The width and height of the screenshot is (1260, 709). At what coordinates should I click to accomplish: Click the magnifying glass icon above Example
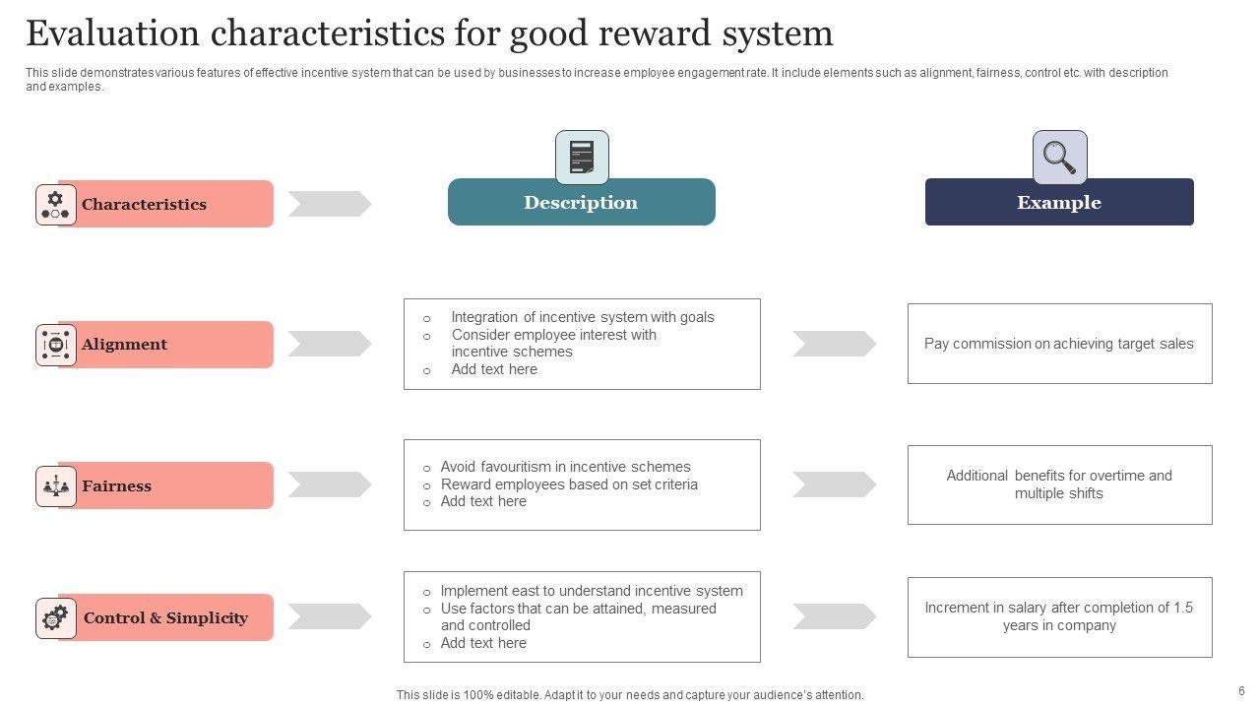point(1059,158)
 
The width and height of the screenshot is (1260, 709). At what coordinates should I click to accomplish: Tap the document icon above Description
point(582,158)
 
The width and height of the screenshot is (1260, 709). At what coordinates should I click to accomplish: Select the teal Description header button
point(581,203)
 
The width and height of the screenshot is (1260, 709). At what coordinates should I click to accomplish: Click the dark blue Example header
point(1059,203)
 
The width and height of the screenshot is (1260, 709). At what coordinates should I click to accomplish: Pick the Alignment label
point(124,345)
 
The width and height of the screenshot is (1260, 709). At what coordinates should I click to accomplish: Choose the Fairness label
point(116,486)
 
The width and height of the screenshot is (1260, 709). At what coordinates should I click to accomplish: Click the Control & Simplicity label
point(165,618)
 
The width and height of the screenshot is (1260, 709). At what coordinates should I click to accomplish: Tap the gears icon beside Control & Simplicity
point(56,618)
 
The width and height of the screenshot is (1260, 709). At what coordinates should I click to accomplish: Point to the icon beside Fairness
point(56,486)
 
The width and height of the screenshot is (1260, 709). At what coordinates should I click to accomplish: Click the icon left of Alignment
point(56,345)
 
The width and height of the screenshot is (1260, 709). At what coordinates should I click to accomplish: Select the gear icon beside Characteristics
point(56,205)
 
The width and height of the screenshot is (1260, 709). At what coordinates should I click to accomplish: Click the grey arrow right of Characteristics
point(330,204)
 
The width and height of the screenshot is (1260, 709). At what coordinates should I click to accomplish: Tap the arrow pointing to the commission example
point(834,344)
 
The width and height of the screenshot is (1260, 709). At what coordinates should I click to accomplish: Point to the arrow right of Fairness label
point(330,484)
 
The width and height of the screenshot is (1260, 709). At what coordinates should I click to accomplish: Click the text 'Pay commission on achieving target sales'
point(1058,345)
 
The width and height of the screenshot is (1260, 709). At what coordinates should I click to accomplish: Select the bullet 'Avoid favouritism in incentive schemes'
point(565,467)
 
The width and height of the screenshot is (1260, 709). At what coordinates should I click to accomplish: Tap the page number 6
point(1241,691)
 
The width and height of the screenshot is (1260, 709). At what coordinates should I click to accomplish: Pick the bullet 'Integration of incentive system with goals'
point(583,317)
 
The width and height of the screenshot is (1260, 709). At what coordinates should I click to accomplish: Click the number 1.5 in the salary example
point(1182,608)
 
